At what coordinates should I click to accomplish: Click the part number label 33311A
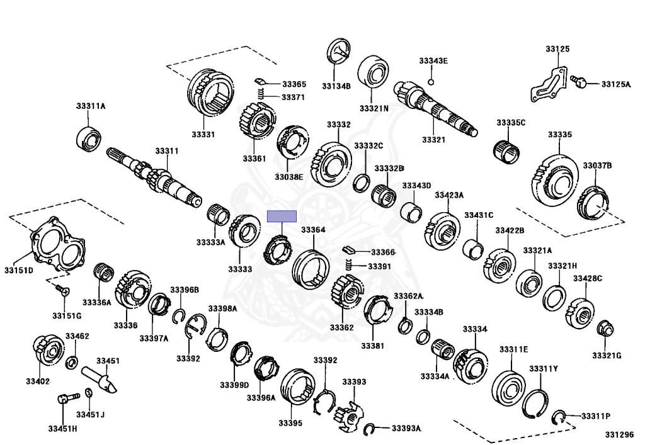91,106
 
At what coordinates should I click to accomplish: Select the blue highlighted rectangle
282,216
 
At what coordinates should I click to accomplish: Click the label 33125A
615,84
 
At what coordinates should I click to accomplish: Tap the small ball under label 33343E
431,81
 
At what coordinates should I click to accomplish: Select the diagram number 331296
621,435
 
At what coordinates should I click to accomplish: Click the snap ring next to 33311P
558,417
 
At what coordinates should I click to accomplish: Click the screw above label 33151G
61,290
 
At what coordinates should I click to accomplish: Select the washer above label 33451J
89,395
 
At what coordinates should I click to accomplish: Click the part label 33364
313,230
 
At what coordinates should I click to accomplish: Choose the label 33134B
336,86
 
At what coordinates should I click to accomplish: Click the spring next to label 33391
353,266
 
